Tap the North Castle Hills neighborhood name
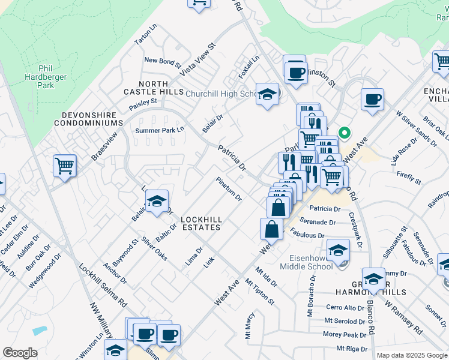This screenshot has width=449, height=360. coord(153,88)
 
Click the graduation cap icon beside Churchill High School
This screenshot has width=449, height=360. coord(267,94)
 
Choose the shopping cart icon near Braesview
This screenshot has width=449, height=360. coord(64,165)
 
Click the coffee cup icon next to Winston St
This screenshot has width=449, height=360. coord(294,72)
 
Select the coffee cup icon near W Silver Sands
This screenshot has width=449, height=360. coord(372,99)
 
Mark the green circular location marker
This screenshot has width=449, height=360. coord(345,133)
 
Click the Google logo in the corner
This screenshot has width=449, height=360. coord(20,353)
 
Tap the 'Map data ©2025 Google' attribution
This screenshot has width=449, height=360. coord(412,355)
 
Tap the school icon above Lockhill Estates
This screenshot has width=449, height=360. coord(157,202)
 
